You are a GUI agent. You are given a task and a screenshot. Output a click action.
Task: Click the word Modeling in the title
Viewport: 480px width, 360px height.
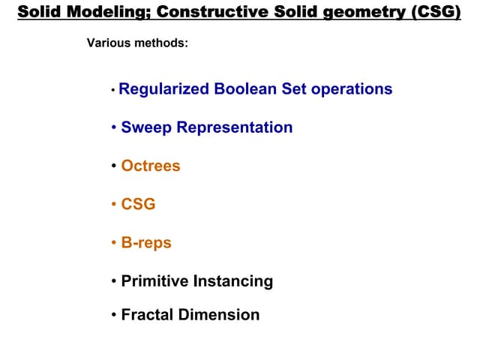tap(95, 13)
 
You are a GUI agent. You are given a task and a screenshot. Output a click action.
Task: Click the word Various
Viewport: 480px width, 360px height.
tap(109, 43)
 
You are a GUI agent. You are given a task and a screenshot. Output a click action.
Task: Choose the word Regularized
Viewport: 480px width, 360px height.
tap(164, 89)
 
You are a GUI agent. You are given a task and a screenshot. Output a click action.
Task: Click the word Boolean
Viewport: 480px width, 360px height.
tap(245, 89)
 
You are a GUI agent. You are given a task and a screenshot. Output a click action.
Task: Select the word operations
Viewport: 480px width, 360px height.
tap(352, 89)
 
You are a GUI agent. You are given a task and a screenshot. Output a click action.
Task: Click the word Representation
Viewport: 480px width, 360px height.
tap(235, 127)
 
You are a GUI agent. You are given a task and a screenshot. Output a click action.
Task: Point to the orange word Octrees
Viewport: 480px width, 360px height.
tap(151, 166)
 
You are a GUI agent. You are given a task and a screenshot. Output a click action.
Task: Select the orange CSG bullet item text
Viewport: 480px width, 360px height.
tap(138, 204)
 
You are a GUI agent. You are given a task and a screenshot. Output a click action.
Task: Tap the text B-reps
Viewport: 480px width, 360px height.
tap(146, 243)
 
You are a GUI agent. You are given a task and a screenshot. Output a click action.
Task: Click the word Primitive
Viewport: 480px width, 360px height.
tap(154, 281)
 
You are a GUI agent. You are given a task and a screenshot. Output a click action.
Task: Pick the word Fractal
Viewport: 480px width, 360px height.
tap(147, 315)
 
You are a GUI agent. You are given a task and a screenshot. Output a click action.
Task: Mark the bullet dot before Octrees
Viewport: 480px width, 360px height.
tap(113, 166)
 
